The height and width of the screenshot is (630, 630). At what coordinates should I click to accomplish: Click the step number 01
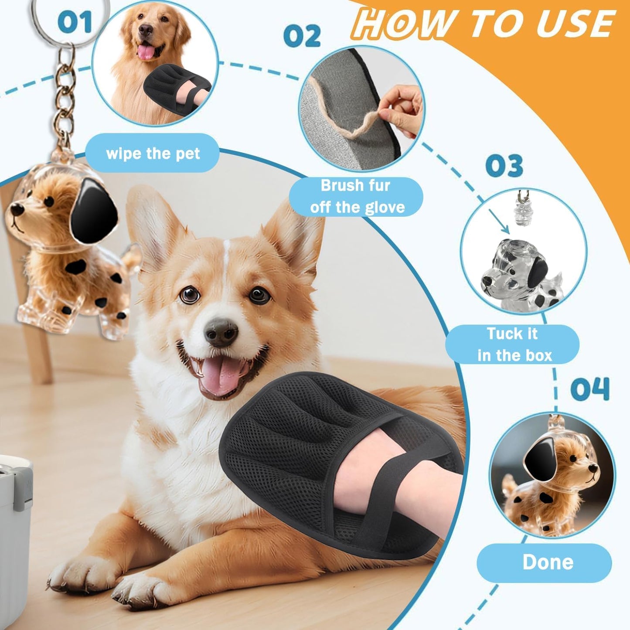(75, 22)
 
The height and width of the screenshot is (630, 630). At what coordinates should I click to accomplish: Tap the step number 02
(302, 36)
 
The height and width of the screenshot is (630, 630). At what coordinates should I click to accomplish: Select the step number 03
(504, 166)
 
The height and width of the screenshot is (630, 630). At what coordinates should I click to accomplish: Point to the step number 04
(589, 389)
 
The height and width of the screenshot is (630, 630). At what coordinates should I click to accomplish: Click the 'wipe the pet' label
(153, 153)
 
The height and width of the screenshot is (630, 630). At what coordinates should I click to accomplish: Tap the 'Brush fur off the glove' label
(356, 197)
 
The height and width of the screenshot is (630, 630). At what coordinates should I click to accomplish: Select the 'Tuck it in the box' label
(513, 344)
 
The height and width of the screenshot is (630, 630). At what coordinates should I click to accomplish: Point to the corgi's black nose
(221, 331)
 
